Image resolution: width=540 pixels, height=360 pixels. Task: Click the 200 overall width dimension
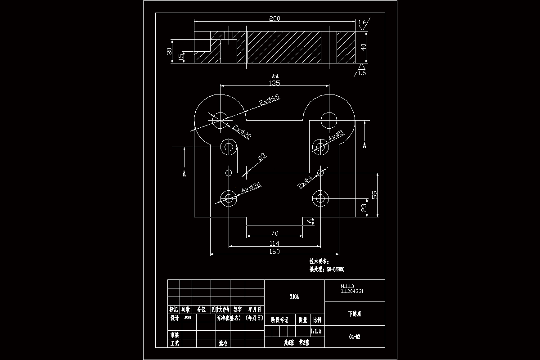point(274,18)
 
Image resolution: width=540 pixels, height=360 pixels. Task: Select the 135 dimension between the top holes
point(274,83)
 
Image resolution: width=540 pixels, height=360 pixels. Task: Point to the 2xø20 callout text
point(242,131)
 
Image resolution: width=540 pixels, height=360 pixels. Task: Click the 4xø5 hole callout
point(336,135)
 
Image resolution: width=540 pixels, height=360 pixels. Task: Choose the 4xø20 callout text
point(252,188)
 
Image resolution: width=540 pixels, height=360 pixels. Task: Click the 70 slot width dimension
point(274,233)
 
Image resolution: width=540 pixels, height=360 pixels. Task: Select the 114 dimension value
point(274,243)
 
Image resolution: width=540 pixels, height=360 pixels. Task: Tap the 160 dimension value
point(274,252)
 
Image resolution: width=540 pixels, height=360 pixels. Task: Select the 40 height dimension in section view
point(364,47)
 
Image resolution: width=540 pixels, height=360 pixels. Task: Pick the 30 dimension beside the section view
point(170,51)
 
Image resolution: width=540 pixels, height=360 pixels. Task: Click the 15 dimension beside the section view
point(181,57)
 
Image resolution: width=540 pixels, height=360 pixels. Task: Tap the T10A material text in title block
point(294,297)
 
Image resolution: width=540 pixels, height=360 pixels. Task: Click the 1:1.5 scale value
point(316,331)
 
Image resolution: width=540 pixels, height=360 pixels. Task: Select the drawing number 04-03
point(355,336)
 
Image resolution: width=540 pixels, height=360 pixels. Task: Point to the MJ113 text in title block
point(347,286)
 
